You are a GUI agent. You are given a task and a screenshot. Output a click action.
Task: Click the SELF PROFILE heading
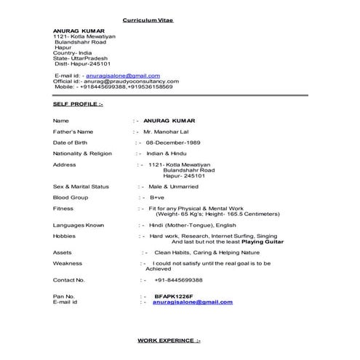coord(79,105)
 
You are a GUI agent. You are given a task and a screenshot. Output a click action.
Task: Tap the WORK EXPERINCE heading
coord(169,340)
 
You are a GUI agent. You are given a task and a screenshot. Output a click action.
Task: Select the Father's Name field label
coord(73,132)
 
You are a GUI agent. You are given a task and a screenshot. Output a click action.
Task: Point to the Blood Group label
coord(71,197)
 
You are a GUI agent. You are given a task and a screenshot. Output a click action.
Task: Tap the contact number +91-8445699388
coord(178,280)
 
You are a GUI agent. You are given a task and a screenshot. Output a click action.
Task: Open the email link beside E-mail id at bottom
coord(193,302)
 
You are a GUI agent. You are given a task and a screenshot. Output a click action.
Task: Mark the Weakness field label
coord(68,263)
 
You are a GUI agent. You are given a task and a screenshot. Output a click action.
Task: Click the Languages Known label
coord(79,225)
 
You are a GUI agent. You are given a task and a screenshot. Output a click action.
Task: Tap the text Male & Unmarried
coord(177,186)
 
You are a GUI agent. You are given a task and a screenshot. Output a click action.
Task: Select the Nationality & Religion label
coord(82,153)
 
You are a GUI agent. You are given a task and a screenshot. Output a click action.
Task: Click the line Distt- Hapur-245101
coord(82,63)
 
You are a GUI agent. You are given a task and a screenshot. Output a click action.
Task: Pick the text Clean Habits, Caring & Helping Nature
coord(201,252)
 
